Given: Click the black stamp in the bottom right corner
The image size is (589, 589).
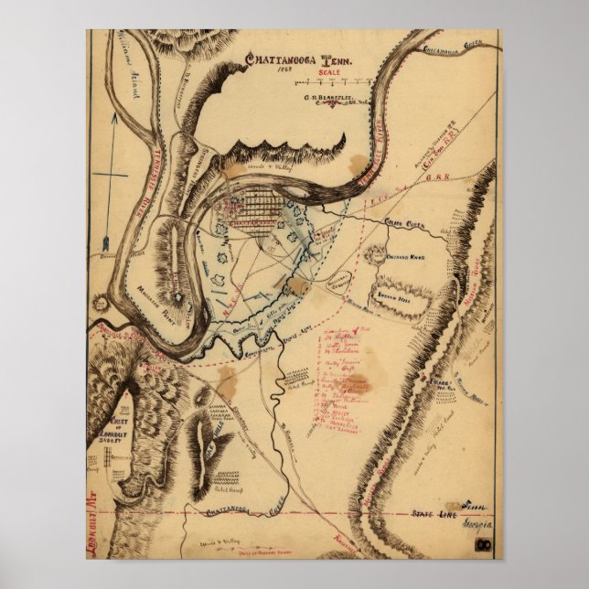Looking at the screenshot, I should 485,548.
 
